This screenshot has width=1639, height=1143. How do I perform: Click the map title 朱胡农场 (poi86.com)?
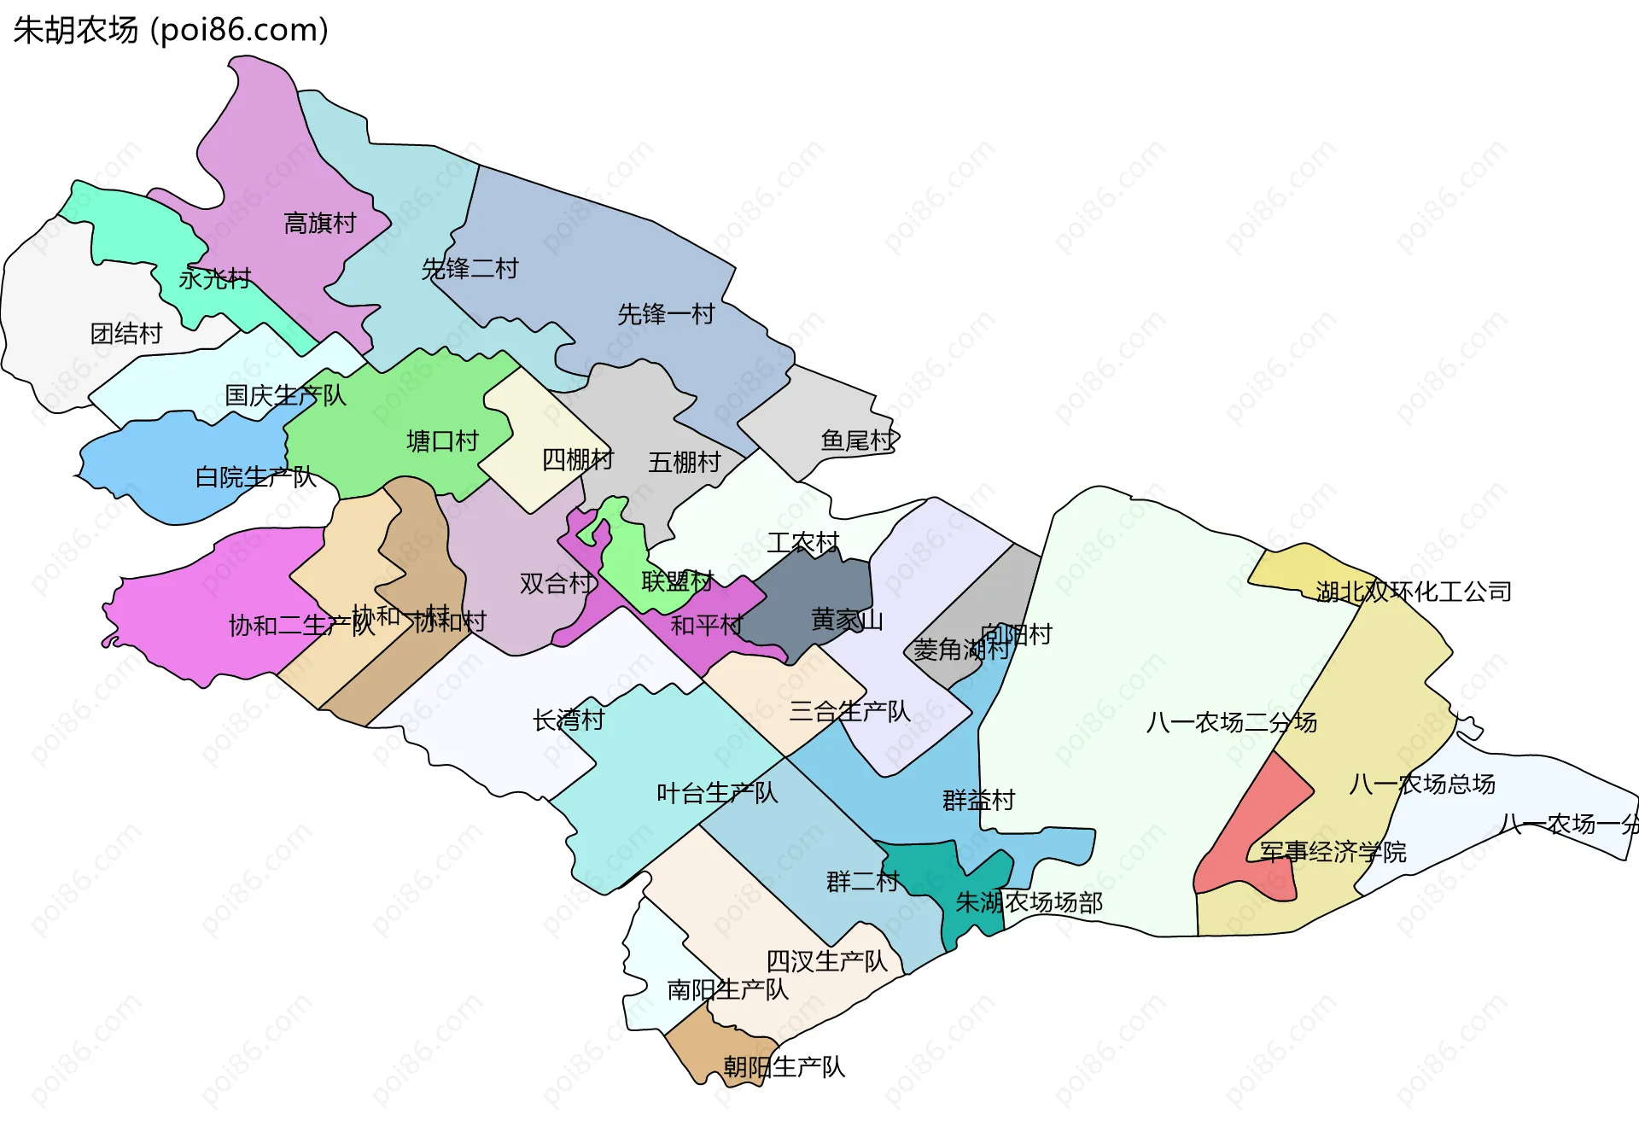pyautogui.click(x=171, y=30)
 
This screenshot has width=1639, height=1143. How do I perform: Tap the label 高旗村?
pyautogui.click(x=319, y=224)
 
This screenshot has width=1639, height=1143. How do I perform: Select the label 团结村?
pyautogui.click(x=126, y=334)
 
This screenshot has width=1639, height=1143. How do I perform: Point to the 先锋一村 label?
pyautogui.click(x=666, y=314)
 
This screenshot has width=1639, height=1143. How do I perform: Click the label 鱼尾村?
pyautogui.click(x=858, y=440)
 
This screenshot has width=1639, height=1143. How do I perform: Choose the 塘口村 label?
pyautogui.click(x=442, y=441)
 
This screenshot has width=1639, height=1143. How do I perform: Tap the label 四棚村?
pyautogui.click(x=578, y=460)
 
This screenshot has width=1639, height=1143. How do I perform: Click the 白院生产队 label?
pyautogui.click(x=255, y=477)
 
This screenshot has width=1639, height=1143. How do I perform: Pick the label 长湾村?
pyautogui.click(x=569, y=720)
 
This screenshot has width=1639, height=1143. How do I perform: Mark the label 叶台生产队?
pyautogui.click(x=717, y=794)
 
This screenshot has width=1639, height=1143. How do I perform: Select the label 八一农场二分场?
pyautogui.click(x=1231, y=723)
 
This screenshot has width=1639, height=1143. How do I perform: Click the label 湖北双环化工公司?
pyautogui.click(x=1413, y=592)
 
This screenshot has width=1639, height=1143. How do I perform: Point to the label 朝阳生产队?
pyautogui.click(x=784, y=1067)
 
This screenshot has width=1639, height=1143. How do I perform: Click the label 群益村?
pyautogui.click(x=978, y=801)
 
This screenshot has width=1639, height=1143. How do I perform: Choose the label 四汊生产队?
pyautogui.click(x=826, y=962)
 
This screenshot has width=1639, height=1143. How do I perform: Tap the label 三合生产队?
pyautogui.click(x=849, y=712)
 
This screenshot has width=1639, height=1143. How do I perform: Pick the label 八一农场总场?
pyautogui.click(x=1422, y=784)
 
